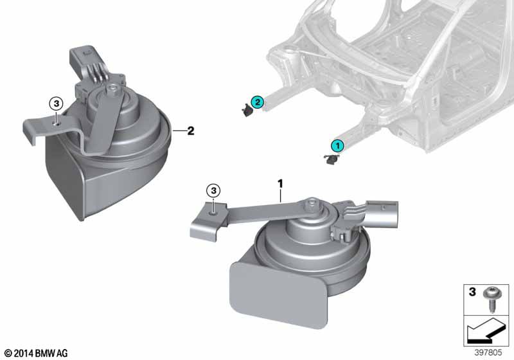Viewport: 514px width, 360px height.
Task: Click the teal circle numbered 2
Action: (x=258, y=102)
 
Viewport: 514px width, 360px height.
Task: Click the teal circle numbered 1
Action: (x=337, y=146)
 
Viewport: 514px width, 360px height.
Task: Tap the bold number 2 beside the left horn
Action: (x=190, y=130)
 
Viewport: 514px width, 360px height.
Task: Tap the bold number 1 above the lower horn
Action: (x=280, y=184)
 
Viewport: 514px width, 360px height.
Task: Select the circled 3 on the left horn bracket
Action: (x=56, y=104)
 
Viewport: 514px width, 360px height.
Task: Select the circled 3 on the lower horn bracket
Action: (x=213, y=190)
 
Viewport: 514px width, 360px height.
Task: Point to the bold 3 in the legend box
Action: (x=472, y=291)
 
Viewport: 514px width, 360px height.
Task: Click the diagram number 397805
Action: (x=488, y=352)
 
